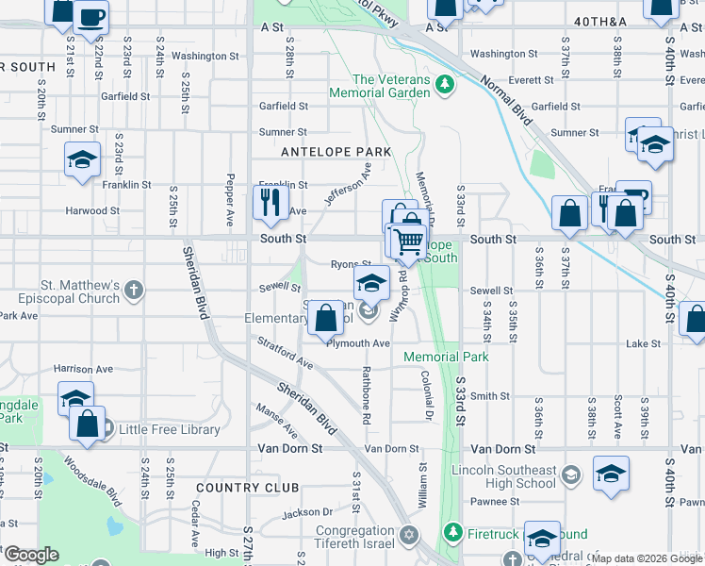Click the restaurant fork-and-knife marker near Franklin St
(271, 202)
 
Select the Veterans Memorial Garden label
(391, 86)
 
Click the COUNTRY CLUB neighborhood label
(248, 488)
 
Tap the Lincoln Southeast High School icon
(569, 473)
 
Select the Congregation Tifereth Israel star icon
(407, 536)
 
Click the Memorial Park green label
(446, 358)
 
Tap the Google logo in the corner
(30, 555)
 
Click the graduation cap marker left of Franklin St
(82, 158)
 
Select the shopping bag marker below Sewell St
(326, 317)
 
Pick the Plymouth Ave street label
(358, 343)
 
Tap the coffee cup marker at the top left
(90, 17)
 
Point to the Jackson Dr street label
(302, 512)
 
